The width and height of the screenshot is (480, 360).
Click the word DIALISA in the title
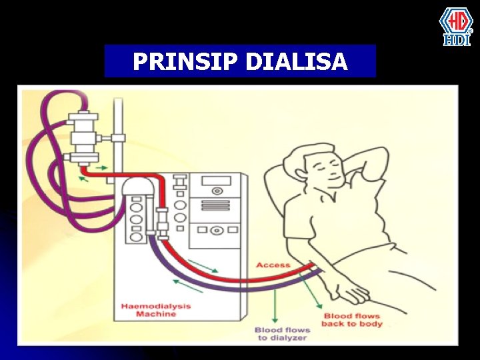pyautogui.click(x=297, y=62)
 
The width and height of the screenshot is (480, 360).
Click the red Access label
pyautogui.click(x=273, y=265)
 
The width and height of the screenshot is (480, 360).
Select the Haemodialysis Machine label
pyautogui.click(x=155, y=310)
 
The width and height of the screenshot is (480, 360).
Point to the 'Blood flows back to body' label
pyautogui.click(x=351, y=320)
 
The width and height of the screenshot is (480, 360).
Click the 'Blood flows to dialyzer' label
pyautogui.click(x=282, y=334)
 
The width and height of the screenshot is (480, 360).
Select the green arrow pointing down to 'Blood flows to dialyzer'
pyautogui.click(x=274, y=307)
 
